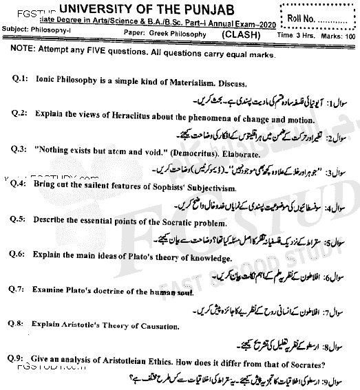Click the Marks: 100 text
(x=337, y=32)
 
